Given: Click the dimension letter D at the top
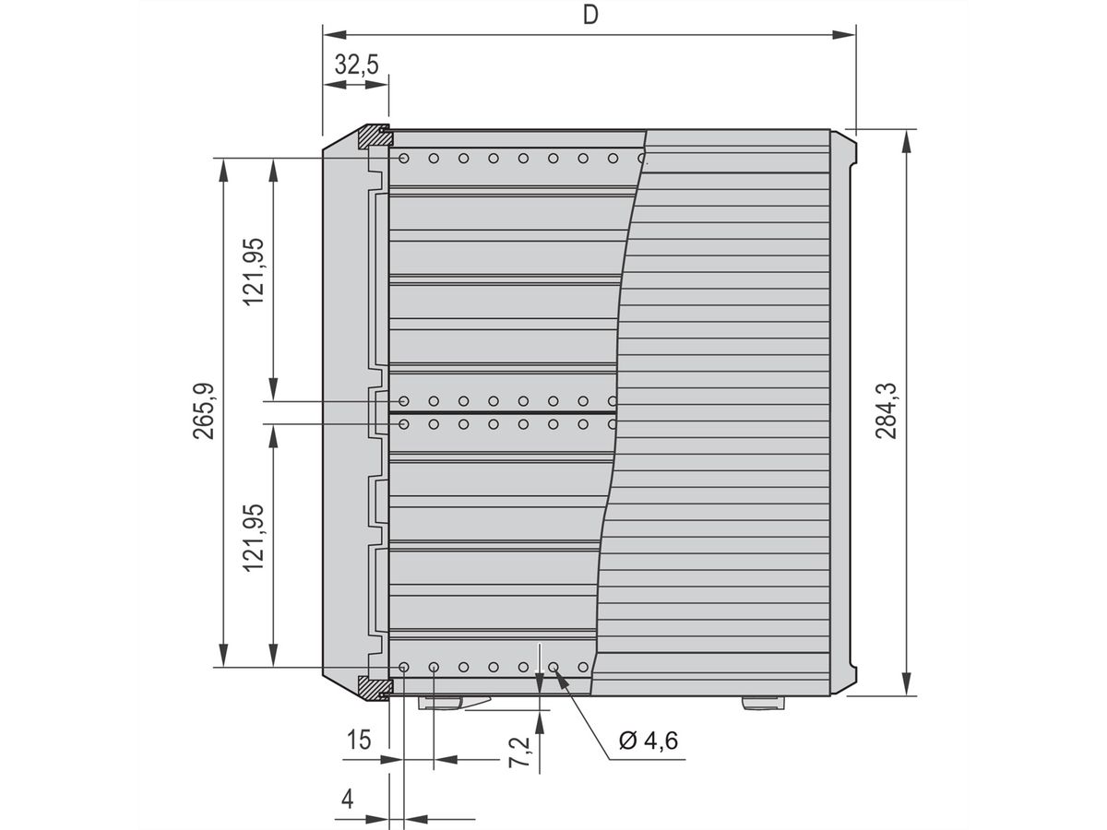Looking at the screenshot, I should click(x=589, y=15).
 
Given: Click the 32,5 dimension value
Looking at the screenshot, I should click(x=355, y=65).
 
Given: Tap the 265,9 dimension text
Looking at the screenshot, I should click(x=205, y=411).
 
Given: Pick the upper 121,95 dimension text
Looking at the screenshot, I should click(x=254, y=271).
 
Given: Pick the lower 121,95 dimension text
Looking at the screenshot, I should click(x=254, y=537).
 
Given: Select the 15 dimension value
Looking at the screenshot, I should click(x=359, y=739).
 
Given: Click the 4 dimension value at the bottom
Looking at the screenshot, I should click(x=347, y=800).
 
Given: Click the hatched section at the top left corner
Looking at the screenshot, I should click(x=374, y=137).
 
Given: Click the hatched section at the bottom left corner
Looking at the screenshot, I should click(x=374, y=685).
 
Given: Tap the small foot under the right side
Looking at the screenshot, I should click(x=764, y=703).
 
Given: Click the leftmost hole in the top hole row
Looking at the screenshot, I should click(x=404, y=159).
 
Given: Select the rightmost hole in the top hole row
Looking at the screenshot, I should click(x=642, y=159).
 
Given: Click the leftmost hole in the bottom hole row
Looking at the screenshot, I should click(x=404, y=667).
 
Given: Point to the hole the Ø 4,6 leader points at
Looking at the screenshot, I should click(x=553, y=667).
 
